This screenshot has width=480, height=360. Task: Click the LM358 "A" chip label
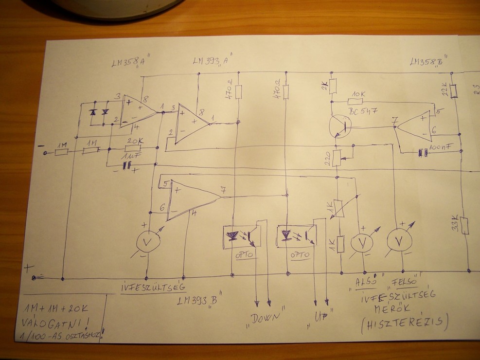(x=128, y=64)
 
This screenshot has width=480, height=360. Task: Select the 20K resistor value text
(x=134, y=141)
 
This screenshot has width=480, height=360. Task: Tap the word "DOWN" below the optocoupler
(x=267, y=317)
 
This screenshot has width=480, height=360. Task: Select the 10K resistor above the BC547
(x=355, y=102)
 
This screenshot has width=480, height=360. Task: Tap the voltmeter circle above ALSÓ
(x=362, y=241)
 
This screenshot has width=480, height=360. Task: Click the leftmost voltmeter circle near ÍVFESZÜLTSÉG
(x=147, y=241)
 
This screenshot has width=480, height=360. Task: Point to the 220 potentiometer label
(x=327, y=158)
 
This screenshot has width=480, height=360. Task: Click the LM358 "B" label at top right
(x=429, y=62)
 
